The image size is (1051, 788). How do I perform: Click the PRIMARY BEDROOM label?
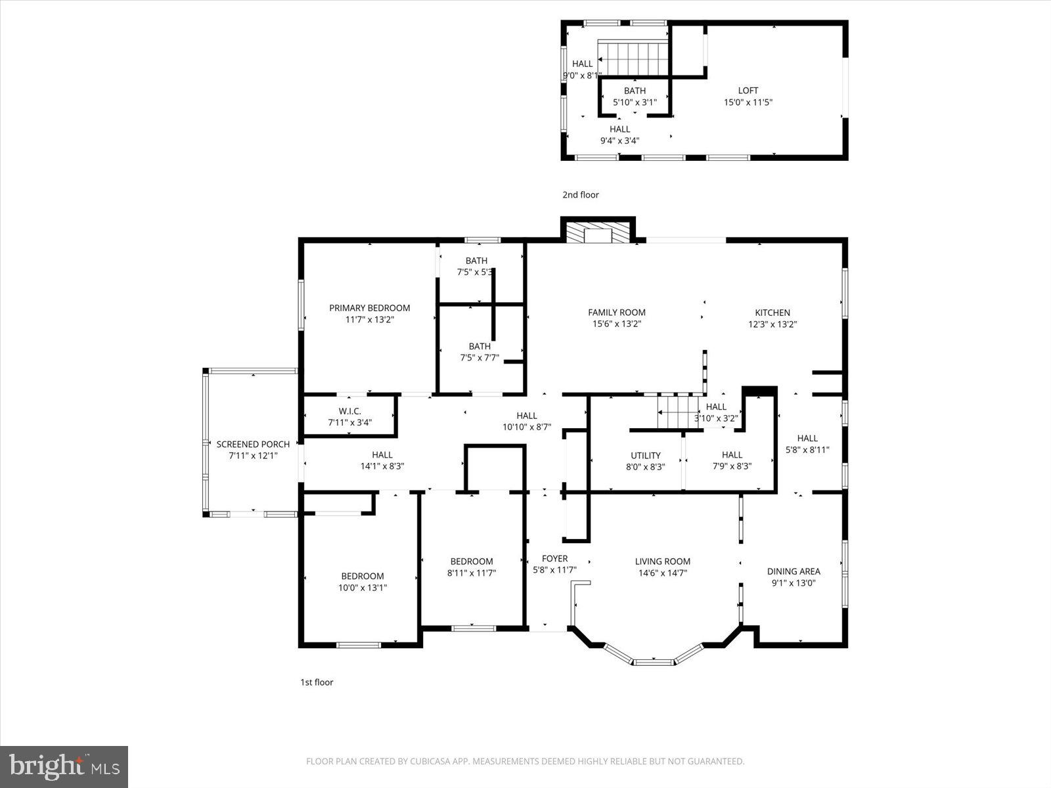pos(369,308)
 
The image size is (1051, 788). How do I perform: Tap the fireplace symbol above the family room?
pos(598,234)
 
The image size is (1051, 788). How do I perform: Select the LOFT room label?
pos(748,91)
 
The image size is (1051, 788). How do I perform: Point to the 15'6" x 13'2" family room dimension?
pos(616,324)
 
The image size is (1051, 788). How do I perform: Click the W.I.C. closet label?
pos(349,411)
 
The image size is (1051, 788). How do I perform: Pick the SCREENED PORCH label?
pos(253,445)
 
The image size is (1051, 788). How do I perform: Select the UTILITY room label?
pos(645,455)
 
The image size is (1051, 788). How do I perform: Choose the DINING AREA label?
pos(793,571)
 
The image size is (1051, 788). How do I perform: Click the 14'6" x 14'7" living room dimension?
pos(662,573)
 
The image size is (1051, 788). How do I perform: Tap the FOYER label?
pos(554,559)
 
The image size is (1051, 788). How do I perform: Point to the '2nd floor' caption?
pos(580,195)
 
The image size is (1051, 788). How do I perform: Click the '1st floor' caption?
pos(317,682)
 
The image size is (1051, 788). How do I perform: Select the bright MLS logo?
pos(64,766)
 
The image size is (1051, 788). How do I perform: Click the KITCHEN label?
pos(772,313)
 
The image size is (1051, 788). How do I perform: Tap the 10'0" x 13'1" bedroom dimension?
pos(362,588)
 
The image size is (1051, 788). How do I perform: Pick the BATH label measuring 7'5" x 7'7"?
pos(479,346)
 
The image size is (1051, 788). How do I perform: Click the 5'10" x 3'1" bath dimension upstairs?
pos(634,102)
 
